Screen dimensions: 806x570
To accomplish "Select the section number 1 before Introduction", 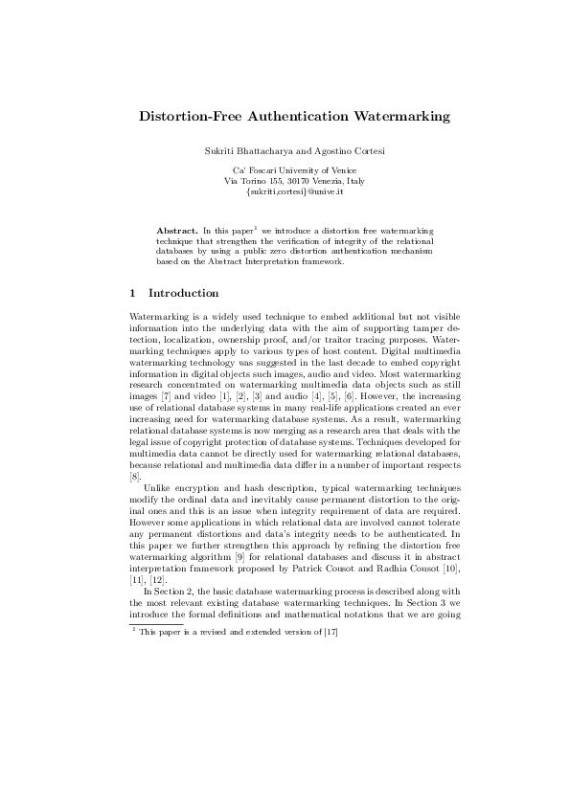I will (x=132, y=293).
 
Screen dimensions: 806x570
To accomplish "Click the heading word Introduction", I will (x=184, y=293).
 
